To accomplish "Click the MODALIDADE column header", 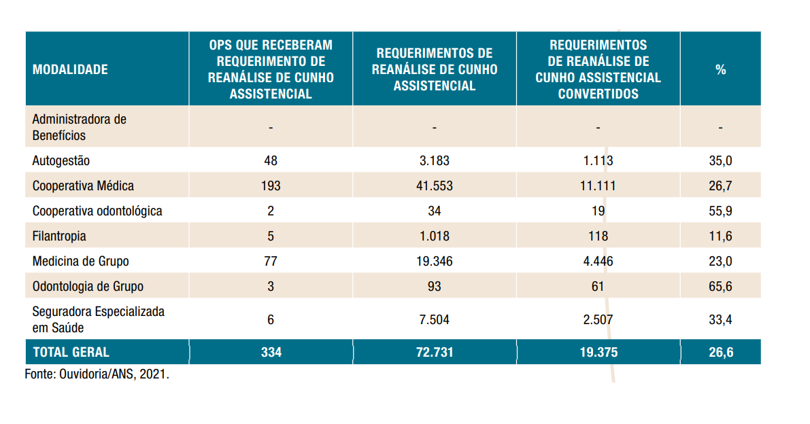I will pos(70,69).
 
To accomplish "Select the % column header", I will pos(720,69).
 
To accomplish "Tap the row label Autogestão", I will pos(61,161).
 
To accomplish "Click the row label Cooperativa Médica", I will pos(83,185).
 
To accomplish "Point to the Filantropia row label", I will pos(59,236).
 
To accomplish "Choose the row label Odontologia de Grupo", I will pos(88,286).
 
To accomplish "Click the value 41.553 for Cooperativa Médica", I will pos(434,185).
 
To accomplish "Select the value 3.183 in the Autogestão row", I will pos(434,161).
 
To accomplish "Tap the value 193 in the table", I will pos(271,185).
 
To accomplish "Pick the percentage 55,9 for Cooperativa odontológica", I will pos(720,211).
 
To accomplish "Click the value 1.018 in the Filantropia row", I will pos(434,236).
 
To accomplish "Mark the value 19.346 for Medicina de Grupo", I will pos(434,261).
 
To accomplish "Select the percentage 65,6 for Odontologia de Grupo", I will pos(720,286).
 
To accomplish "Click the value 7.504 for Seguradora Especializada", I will pos(434,319).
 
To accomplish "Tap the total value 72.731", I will pos(434,352).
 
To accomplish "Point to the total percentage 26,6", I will pos(720,352).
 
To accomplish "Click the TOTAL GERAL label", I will pos(71,352).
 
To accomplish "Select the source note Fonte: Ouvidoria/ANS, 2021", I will pos(97,374).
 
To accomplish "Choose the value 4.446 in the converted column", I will pos(598,261).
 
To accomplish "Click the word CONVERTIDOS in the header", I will pos(598,94).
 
